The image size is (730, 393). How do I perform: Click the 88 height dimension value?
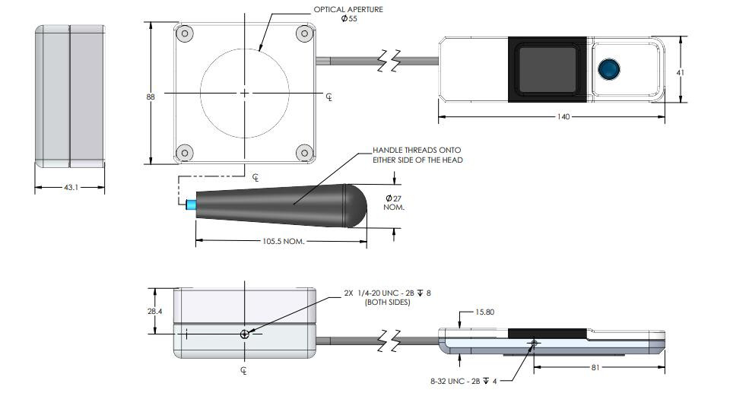tap(150, 96)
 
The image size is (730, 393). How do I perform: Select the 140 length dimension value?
tap(563, 117)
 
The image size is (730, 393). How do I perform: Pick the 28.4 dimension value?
tap(155, 310)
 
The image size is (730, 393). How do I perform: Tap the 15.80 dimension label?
tap(484, 312)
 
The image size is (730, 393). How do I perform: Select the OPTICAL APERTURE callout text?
tap(349, 10)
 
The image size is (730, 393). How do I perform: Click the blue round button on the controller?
tap(608, 69)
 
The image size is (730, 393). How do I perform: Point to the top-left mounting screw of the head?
tap(183, 34)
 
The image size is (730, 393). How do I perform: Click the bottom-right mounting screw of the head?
tap(303, 152)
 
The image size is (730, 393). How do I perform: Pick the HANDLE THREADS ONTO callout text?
tap(417, 150)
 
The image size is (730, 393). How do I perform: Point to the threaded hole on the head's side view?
tap(243, 334)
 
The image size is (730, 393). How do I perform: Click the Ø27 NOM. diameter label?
tap(393, 202)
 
